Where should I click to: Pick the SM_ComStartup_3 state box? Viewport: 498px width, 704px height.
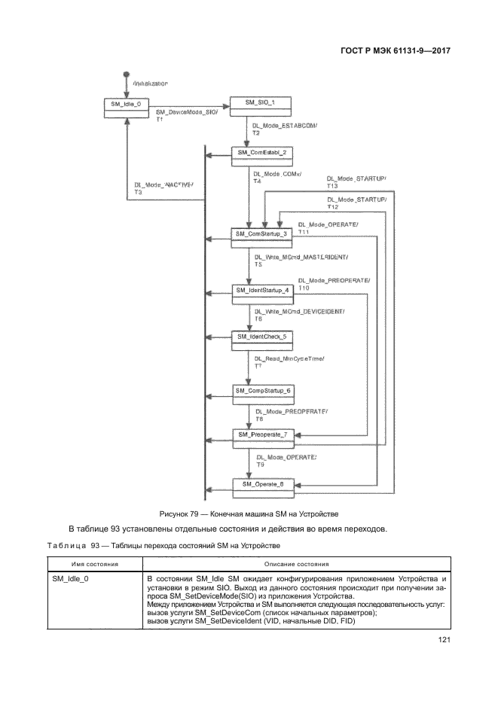pyautogui.click(x=261, y=234)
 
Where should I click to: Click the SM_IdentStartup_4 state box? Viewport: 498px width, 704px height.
pyautogui.click(x=261, y=290)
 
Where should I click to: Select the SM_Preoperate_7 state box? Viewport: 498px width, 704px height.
pyautogui.click(x=263, y=434)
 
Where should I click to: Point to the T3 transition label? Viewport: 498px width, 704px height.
pyautogui.click(x=139, y=193)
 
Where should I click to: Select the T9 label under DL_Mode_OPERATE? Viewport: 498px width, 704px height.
pyautogui.click(x=261, y=465)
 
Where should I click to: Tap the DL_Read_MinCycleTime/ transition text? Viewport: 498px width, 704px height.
pyautogui.click(x=290, y=358)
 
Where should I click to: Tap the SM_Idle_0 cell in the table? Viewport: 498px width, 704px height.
pyautogui.click(x=70, y=578)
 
